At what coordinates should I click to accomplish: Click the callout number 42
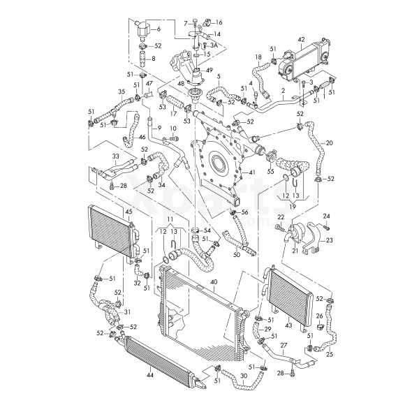pos(301,40)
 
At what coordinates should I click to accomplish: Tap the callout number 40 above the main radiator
pos(213,281)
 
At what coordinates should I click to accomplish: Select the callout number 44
pos(149,375)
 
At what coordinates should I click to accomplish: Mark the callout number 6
pos(158,29)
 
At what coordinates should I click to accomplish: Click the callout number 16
pos(219,22)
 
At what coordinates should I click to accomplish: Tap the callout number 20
pos(329,142)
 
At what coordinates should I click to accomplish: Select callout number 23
pos(330,240)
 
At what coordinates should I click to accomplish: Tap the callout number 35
pos(122,91)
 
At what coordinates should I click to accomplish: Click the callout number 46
pos(142,138)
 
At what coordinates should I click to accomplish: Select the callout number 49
pos(209,69)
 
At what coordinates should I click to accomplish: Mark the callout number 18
pos(258,57)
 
